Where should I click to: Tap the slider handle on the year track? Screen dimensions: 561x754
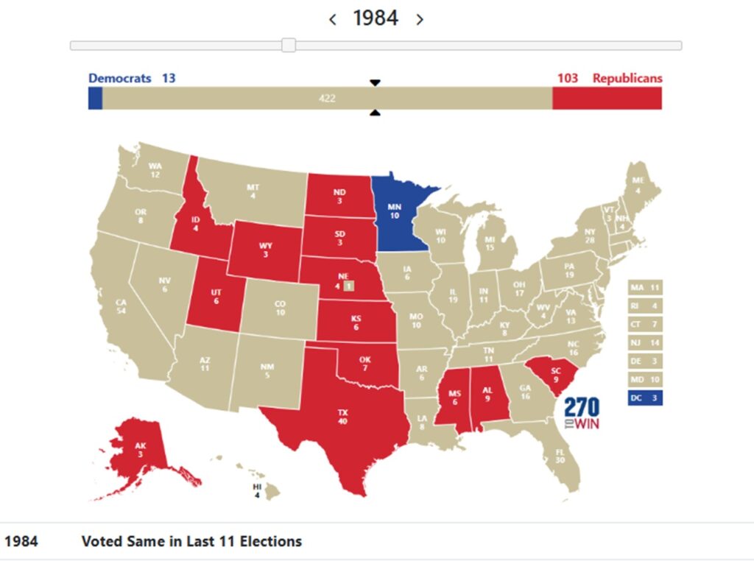289,46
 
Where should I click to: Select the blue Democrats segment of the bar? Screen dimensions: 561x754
95,98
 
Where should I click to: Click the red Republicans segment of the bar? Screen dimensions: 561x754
607,98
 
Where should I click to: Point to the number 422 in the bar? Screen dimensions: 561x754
327,98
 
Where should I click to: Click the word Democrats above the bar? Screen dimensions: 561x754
119,78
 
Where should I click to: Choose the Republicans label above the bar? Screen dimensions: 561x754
627,78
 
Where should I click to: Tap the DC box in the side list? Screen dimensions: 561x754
644,398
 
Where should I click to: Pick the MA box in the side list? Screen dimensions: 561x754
644,286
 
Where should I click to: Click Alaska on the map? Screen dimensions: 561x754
140,451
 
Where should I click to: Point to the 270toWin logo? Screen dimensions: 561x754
582,414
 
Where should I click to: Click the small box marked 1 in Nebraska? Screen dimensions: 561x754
349,286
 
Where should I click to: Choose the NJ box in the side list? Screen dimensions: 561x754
644,342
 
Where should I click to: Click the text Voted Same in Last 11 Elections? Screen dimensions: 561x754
191,541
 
